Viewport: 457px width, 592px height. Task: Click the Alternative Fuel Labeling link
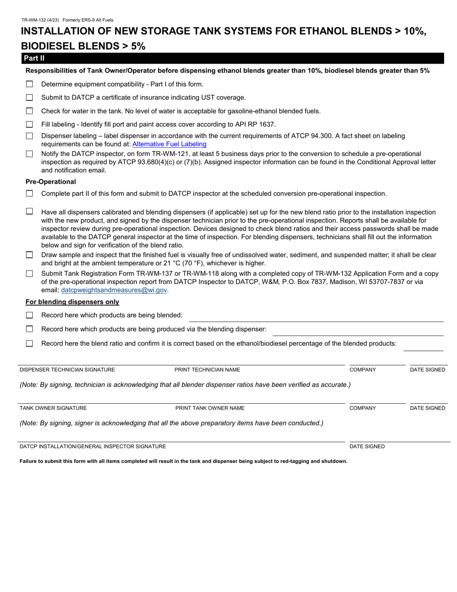point(169,144)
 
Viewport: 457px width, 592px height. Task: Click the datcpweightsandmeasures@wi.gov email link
point(114,290)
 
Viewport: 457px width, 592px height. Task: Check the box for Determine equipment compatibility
point(29,84)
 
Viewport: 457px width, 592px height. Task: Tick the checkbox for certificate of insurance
point(29,98)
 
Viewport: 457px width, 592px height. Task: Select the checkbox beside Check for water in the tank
point(29,111)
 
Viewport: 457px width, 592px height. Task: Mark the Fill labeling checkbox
point(29,124)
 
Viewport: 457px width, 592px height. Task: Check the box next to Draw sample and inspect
point(29,255)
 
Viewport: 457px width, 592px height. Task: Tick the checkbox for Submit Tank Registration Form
point(29,273)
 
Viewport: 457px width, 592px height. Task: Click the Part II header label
point(34,58)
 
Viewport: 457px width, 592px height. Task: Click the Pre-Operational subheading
point(51,182)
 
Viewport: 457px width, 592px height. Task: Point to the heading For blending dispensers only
point(72,302)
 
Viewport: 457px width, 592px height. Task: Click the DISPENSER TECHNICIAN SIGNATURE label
point(67,370)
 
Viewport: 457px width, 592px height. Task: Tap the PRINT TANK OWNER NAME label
point(210,408)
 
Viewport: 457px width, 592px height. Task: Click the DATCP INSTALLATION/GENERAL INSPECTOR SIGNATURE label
point(93,447)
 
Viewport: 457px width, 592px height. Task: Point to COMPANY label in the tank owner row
point(363,408)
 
